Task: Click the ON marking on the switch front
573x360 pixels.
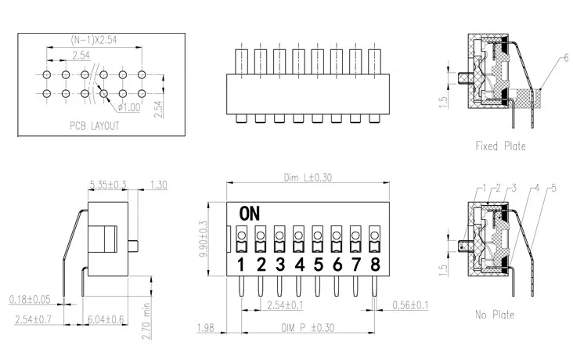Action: pyautogui.click(x=250, y=214)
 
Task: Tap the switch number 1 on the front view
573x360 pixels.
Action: pyautogui.click(x=241, y=265)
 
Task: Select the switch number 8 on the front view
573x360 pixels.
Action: pyautogui.click(x=375, y=265)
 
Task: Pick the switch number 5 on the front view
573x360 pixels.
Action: pyautogui.click(x=319, y=265)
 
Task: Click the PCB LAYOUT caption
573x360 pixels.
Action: pyautogui.click(x=95, y=126)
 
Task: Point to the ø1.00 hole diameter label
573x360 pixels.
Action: pyautogui.click(x=129, y=107)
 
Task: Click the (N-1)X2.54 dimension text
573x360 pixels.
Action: pyautogui.click(x=94, y=40)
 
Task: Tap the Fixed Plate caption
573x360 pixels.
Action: pyautogui.click(x=501, y=146)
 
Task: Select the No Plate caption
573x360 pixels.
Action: pyautogui.click(x=495, y=315)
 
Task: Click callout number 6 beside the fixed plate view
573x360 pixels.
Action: pyautogui.click(x=566, y=58)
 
